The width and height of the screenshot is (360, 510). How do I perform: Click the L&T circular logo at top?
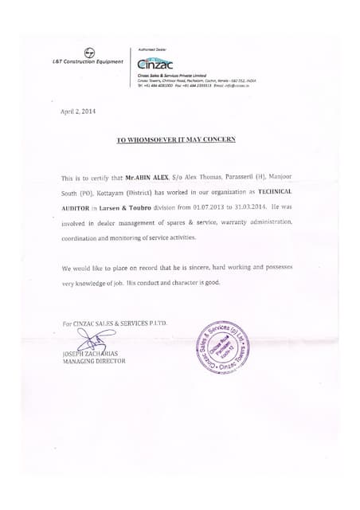click(x=88, y=52)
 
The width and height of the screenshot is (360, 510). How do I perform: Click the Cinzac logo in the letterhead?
click(x=154, y=63)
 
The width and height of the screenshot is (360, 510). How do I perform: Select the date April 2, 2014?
click(x=77, y=112)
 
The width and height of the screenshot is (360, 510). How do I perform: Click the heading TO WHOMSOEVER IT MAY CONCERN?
click(x=176, y=139)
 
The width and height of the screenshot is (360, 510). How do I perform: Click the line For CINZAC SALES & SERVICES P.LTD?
click(x=115, y=322)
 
